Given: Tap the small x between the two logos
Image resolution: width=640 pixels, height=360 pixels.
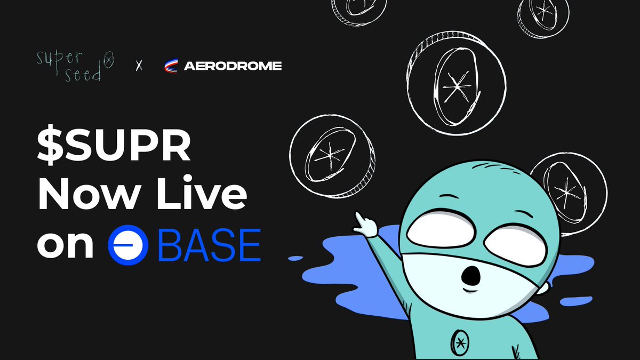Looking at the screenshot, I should (x=139, y=67).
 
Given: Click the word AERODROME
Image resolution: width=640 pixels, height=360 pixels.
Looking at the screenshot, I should (x=233, y=67).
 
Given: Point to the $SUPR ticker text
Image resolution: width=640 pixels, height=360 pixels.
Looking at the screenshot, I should (x=114, y=146).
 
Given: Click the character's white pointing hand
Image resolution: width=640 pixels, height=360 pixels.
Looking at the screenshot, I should (x=366, y=225).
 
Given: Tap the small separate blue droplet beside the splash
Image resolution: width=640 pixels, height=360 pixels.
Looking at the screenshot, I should (x=294, y=258).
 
